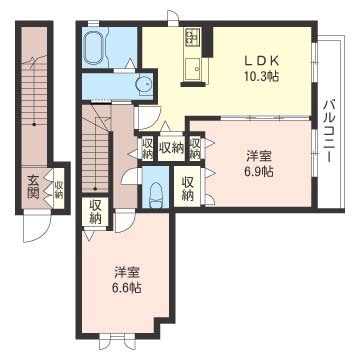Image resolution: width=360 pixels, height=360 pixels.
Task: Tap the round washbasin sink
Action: (144, 84)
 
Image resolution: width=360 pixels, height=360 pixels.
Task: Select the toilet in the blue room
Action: (155, 196)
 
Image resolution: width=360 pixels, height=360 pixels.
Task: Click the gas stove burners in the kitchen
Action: (193, 37)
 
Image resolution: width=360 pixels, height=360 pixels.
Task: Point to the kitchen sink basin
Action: (193, 69)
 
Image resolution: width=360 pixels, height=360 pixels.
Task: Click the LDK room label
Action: (262, 61)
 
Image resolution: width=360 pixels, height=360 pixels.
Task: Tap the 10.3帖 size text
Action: (262, 77)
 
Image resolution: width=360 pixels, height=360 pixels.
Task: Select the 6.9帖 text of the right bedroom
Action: (258, 172)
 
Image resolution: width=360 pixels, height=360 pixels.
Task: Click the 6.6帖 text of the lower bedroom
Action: (126, 287)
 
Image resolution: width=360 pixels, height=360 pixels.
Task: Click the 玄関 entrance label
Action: (33, 188)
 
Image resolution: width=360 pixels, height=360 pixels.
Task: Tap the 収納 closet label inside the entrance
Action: (59, 190)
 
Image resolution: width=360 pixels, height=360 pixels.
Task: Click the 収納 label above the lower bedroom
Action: (96, 212)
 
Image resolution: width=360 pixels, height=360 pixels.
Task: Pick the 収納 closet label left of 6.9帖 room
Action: (188, 189)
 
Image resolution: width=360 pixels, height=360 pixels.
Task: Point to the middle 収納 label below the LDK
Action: (171, 148)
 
